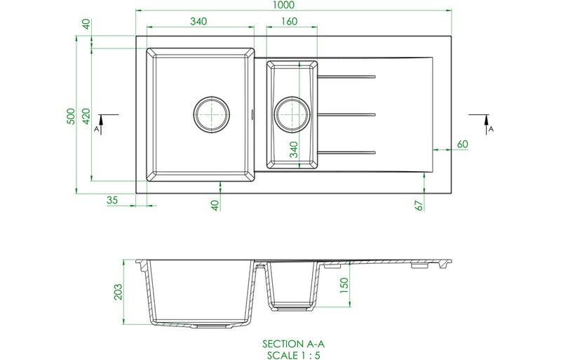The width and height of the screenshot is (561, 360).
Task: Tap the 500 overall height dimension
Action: [x=71, y=116]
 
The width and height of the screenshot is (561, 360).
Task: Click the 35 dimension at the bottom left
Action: [x=112, y=200]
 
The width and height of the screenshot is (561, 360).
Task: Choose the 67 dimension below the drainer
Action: [x=419, y=205]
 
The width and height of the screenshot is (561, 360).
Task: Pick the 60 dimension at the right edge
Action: [x=462, y=144]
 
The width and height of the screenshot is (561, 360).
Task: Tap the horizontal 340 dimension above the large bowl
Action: [x=198, y=22]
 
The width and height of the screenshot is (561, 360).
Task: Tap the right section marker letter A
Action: [x=491, y=129]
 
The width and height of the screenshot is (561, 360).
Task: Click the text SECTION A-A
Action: [x=294, y=344]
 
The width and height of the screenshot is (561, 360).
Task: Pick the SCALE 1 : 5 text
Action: [x=294, y=354]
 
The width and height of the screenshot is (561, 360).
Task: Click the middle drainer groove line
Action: [x=349, y=114]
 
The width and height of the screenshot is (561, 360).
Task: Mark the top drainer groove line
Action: [x=349, y=76]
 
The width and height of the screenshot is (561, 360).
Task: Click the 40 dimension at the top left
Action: [x=86, y=24]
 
